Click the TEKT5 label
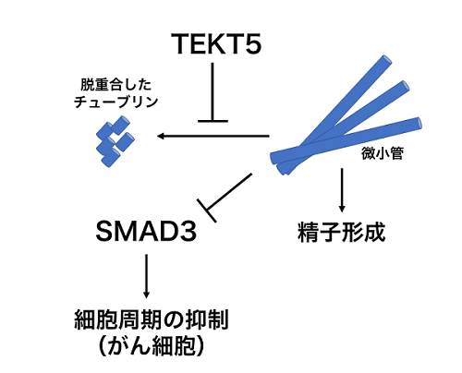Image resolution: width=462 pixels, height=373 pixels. coord(216,44)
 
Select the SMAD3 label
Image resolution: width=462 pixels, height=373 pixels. coord(146,231)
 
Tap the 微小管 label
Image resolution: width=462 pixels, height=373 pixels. coord(383,153)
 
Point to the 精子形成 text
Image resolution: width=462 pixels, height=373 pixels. coord(341,232)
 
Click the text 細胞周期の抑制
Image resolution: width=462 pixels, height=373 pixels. coord(152,320)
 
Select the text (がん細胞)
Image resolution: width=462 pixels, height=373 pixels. coord(151,346)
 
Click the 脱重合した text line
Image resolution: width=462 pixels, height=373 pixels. coord(115,85)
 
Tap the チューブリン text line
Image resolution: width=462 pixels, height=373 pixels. coord(115,102)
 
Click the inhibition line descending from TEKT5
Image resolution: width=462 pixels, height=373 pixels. coord(213,91)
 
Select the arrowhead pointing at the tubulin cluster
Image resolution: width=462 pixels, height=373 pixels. coord(161,136)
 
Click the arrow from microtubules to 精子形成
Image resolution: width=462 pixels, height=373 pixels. coord(342,190)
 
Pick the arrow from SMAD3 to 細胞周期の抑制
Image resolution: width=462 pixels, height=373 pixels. coord(146,276)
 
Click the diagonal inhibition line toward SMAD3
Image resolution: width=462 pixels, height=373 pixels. coord(229,192)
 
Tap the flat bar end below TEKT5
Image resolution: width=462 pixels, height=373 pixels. coord(213,121)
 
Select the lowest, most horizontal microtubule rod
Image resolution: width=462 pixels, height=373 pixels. coord(346,140)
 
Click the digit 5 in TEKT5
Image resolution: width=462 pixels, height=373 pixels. coord(250,44)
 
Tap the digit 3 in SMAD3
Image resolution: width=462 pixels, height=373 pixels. coord(188,232)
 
